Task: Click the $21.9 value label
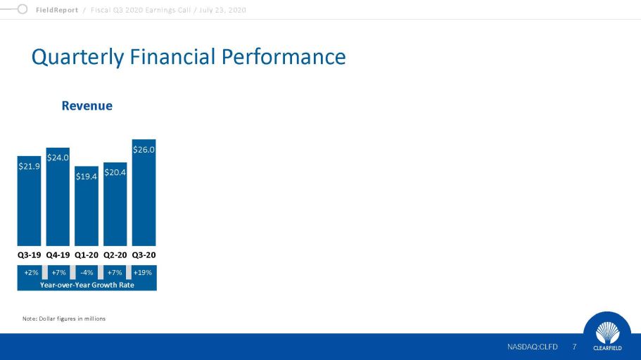[x=29, y=167]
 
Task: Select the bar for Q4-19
[x=58, y=197]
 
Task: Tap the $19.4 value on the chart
[x=87, y=176]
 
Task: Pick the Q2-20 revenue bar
[x=115, y=204]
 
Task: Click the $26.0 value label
[x=144, y=150]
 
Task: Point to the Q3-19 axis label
[x=29, y=255]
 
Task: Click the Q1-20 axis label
[x=87, y=255]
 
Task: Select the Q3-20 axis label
[x=144, y=255]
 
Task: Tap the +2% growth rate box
[x=31, y=273]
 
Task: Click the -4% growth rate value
[x=87, y=273]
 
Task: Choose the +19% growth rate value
[x=143, y=273]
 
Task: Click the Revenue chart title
[x=87, y=106]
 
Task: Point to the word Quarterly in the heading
[x=77, y=57]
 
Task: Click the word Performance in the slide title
[x=284, y=56]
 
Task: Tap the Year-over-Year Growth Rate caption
[x=87, y=285]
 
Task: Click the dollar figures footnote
[x=64, y=319]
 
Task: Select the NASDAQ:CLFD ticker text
[x=532, y=347]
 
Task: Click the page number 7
[x=574, y=347]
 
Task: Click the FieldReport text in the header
[x=57, y=11]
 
